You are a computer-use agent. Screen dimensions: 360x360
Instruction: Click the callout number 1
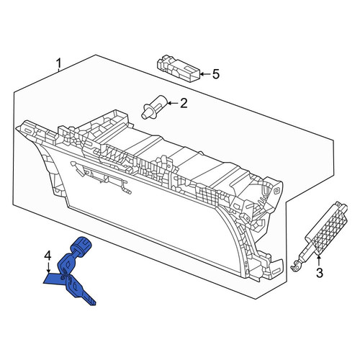[x=58, y=63]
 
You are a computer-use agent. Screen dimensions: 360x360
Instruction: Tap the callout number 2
[x=184, y=103]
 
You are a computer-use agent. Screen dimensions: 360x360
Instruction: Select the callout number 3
[x=319, y=273]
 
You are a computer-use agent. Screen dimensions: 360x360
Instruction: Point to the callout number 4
[x=48, y=256]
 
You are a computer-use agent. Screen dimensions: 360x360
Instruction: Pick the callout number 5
[x=216, y=74]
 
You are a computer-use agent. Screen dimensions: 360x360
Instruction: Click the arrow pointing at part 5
[x=204, y=74]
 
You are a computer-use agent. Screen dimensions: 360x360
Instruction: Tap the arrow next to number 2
[x=172, y=104]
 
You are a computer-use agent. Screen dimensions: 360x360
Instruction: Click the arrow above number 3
[x=319, y=261]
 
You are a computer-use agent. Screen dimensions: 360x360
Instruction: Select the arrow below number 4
[x=48, y=267]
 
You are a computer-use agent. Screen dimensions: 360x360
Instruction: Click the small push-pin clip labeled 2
[x=153, y=107]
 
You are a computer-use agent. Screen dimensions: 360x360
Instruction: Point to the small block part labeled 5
[x=178, y=68]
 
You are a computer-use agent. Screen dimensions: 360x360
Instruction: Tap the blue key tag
[x=53, y=279]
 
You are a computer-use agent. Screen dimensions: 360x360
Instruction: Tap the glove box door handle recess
[x=101, y=177]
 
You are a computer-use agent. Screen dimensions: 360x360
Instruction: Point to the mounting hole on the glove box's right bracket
[x=276, y=192]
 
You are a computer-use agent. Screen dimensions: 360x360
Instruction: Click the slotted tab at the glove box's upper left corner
[x=28, y=130]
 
